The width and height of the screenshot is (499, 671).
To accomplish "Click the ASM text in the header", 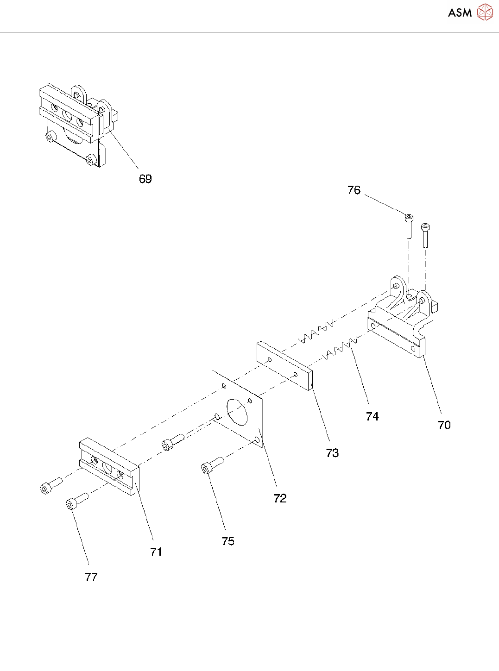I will coord(459,13).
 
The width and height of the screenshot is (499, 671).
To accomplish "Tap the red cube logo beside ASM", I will coord(485,13).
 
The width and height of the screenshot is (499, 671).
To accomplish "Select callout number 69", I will coord(145,179).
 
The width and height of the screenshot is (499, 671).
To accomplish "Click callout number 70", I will coord(444,425).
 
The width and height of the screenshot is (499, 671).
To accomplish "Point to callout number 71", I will coord(156,552).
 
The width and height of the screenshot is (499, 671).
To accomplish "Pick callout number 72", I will coord(280,498).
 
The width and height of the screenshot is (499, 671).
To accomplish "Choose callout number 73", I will coord(332,453).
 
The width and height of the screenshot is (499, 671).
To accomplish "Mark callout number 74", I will coord(372,416).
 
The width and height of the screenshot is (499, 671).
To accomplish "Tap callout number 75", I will coord(228,541).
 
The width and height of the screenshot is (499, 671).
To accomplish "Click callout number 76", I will coord(354,190).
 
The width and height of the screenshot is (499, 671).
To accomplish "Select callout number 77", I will coord(91,577).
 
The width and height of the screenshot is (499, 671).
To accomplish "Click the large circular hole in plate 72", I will coord(237,412).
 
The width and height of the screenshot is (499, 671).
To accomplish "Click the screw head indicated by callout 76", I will coord(409,218).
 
